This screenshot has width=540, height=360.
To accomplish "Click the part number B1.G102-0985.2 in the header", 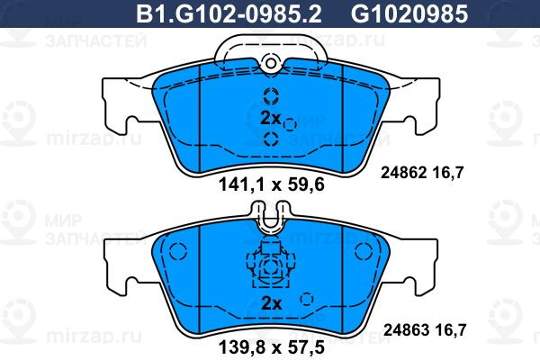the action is click(x=229, y=14).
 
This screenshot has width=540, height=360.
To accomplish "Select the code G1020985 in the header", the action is click(x=409, y=14).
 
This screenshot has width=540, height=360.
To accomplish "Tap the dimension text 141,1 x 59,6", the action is click(x=272, y=185).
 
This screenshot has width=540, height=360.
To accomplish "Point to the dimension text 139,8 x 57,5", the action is click(x=272, y=347).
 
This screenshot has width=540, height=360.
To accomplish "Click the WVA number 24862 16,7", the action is click(x=422, y=172).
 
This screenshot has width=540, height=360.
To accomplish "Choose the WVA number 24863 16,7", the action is click(x=425, y=330).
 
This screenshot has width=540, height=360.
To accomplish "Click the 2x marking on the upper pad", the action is click(x=271, y=118).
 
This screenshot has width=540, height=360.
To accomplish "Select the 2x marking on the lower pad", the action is click(x=272, y=303).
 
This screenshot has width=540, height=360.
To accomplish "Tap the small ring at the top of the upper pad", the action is click(x=271, y=63).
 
